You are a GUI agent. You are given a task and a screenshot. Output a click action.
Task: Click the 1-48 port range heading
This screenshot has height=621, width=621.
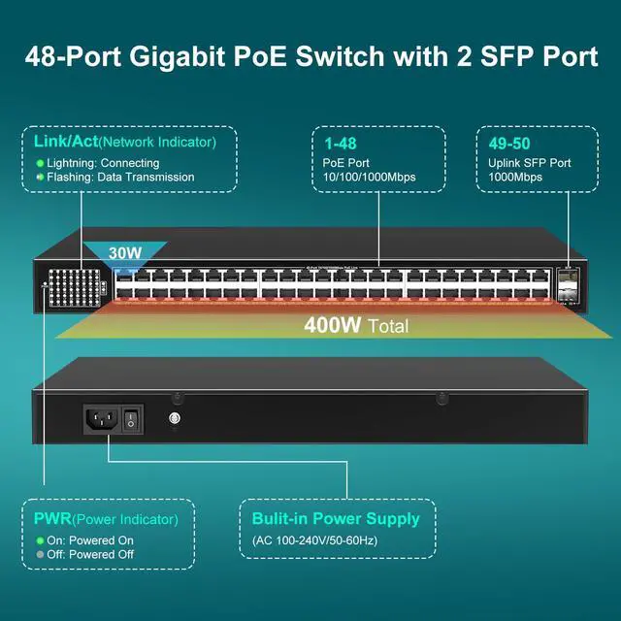(341, 142)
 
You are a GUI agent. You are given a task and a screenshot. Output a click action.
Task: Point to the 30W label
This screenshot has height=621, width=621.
(125, 253)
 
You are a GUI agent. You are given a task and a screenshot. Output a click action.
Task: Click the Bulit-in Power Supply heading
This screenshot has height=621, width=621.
(336, 518)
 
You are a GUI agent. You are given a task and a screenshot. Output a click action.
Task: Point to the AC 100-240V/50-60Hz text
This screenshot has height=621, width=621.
(327, 540)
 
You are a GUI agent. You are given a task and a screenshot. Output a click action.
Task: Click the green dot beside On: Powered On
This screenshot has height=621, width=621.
(40, 540)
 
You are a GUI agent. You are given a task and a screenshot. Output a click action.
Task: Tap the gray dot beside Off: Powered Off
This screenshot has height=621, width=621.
(40, 555)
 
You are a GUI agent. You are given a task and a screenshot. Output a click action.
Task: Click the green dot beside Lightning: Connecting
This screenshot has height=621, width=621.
(40, 163)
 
